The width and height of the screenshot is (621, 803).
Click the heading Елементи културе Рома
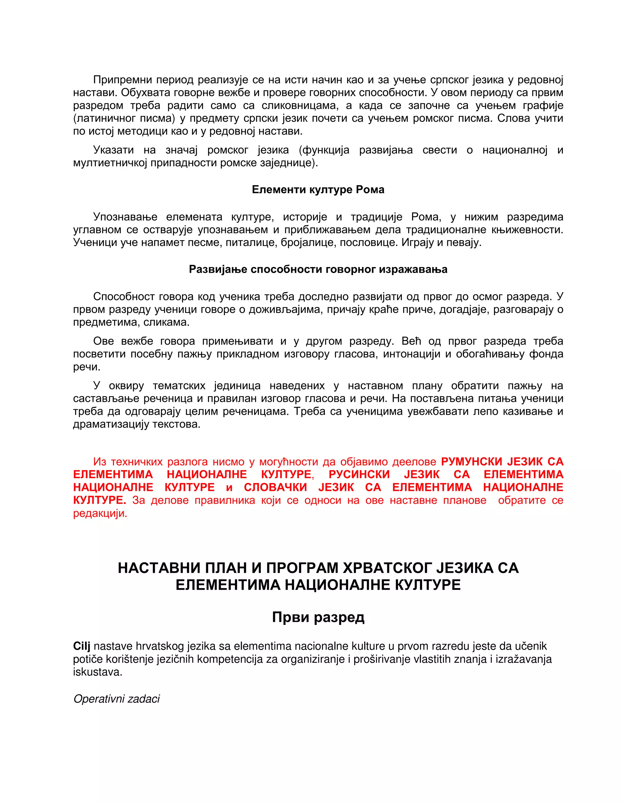click(x=318, y=189)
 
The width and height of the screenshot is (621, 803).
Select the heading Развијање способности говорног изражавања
click(x=318, y=269)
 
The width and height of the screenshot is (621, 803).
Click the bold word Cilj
click(x=81, y=646)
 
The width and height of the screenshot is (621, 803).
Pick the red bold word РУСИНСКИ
click(x=359, y=474)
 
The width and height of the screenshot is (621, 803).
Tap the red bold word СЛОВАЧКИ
click(x=275, y=487)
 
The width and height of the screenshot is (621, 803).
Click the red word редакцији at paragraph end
click(x=100, y=513)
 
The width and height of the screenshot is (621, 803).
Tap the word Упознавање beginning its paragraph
click(x=125, y=217)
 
